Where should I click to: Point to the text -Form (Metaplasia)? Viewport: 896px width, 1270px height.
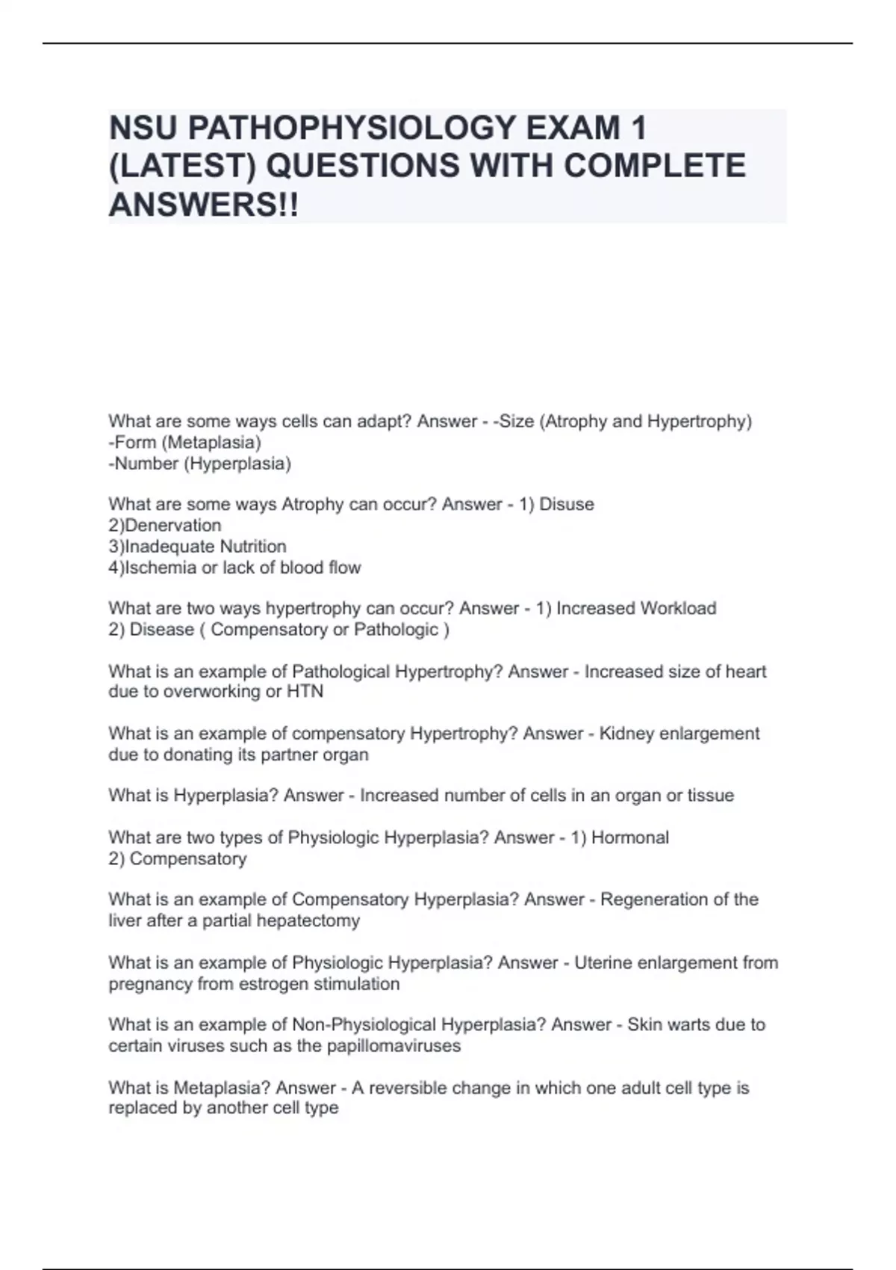point(184,442)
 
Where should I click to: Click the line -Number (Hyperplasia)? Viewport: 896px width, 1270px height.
point(199,463)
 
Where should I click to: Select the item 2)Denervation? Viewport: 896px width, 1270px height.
point(165,525)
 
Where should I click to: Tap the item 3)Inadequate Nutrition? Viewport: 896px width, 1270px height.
point(197,546)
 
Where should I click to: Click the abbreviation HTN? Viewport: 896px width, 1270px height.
point(305,692)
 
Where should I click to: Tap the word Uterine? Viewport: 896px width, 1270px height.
point(603,962)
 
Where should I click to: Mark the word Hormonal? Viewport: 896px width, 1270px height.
point(630,837)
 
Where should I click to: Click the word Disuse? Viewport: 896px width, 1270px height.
point(567,504)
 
